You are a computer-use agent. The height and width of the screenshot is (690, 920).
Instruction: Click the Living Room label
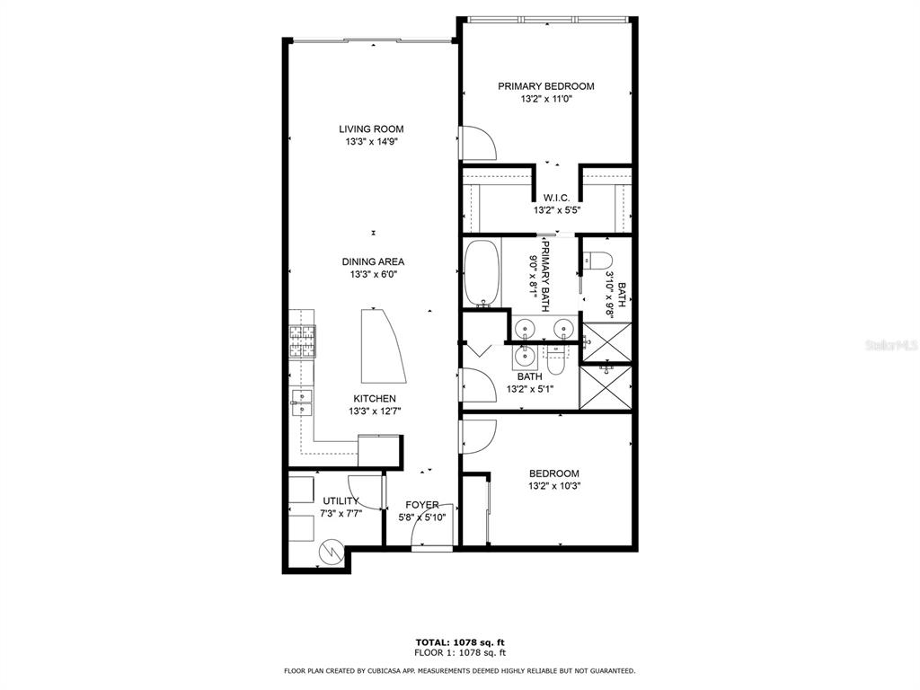[371, 129]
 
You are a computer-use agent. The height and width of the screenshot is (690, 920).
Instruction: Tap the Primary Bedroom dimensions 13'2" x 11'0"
[546, 99]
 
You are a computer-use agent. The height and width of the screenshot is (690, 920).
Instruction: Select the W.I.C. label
[556, 199]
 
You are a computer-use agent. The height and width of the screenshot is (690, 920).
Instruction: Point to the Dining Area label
[373, 261]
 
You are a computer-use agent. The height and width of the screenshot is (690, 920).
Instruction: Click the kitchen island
[382, 346]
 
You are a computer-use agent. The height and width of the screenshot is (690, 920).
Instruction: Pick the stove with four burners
[302, 341]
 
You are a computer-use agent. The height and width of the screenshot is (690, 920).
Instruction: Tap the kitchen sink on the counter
[302, 402]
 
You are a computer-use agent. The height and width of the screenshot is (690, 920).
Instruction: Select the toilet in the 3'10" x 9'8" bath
[597, 260]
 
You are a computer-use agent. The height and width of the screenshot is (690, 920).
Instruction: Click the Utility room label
[341, 501]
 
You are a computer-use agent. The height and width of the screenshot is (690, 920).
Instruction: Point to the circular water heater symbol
[332, 552]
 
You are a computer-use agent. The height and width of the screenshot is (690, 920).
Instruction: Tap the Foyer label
[422, 505]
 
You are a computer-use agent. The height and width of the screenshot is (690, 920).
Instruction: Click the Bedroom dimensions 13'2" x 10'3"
[554, 486]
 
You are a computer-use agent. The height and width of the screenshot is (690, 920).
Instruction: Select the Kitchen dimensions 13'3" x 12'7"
[375, 411]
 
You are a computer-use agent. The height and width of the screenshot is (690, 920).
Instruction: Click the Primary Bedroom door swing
[479, 143]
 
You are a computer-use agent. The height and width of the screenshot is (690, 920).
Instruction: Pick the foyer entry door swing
[432, 525]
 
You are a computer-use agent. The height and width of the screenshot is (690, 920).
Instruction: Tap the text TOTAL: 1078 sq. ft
[460, 642]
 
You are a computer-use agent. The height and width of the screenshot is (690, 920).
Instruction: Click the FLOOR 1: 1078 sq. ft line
[460, 652]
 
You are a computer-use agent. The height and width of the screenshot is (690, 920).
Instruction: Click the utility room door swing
[367, 492]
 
